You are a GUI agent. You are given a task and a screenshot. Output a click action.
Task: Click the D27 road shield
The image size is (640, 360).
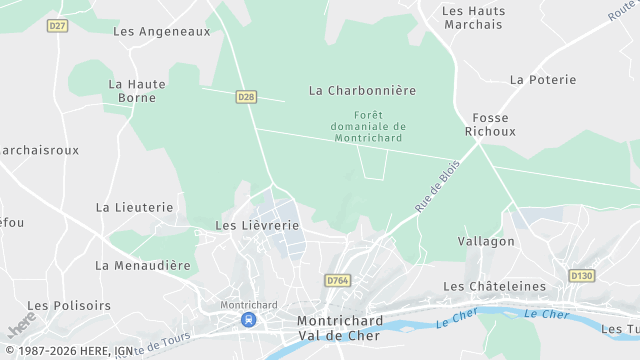point(57,26)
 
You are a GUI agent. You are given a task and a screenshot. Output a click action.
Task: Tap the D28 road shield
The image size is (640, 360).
point(247,97)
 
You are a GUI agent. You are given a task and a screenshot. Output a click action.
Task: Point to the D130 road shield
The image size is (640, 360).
point(582,275)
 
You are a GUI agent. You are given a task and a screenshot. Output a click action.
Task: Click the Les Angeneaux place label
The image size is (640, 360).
point(162,31)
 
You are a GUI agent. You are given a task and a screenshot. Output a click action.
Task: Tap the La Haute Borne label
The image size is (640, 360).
point(137,91)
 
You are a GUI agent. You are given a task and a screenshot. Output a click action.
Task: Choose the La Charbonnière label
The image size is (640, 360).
point(362,90)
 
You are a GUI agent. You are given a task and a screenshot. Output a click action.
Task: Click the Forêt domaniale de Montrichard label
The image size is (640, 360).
point(368,126)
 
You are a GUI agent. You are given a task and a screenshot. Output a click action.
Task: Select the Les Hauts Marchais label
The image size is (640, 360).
point(473,18)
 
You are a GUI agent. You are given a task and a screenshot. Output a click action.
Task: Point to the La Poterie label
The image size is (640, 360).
point(543,79)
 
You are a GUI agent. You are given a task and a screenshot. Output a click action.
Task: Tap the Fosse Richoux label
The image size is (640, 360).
point(490,124)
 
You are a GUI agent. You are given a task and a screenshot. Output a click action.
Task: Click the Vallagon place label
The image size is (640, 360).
point(486,241)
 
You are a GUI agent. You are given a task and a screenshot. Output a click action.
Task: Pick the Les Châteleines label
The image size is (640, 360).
point(494,286)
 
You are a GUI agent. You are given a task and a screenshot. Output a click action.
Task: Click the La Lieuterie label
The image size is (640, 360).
point(134,207)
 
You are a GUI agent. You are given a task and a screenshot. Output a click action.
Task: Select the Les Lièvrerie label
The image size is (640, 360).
point(257,225)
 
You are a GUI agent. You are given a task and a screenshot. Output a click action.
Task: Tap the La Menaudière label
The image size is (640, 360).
point(142,265)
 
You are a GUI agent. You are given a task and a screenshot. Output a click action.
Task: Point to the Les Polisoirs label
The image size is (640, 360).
point(69,305)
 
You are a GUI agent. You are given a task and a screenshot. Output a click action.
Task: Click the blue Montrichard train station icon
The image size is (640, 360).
point(247,320)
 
